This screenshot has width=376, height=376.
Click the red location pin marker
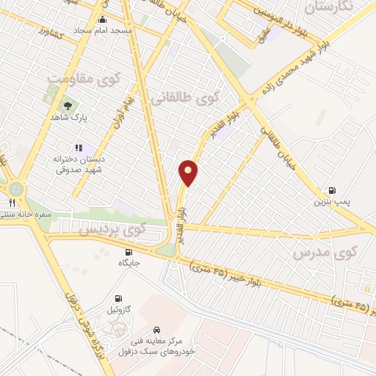click(189, 172)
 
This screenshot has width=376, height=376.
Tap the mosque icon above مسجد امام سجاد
click(101, 20)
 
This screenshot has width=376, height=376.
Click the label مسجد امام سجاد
click(101, 32)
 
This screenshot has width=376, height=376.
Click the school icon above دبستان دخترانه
click(79, 148)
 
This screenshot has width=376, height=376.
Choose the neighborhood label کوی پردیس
click(112, 231)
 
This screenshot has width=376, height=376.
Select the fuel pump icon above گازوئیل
click(113, 298)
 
